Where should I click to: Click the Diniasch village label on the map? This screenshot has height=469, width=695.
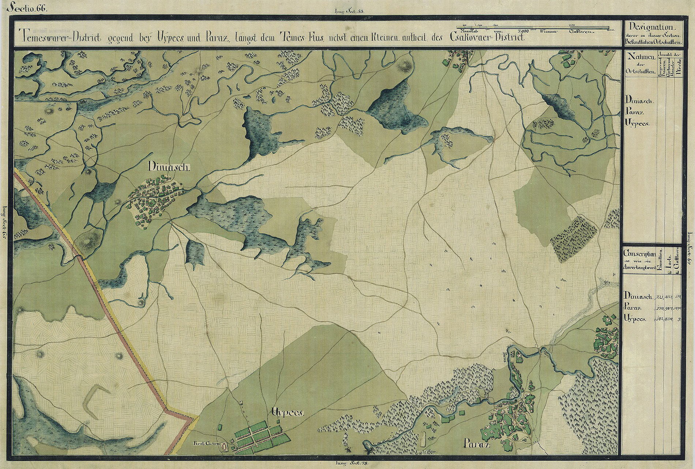click(x=168, y=167)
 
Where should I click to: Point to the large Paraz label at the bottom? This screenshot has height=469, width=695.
click(x=475, y=445)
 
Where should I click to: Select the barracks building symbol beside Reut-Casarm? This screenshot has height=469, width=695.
click(x=224, y=447)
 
